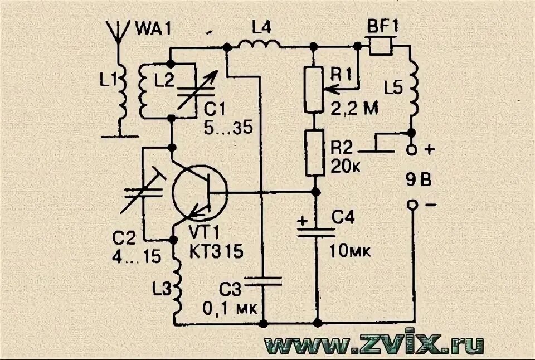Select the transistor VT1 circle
[200, 192]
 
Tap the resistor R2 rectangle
[315, 151]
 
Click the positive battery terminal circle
[412, 150]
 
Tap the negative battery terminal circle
[412, 205]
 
